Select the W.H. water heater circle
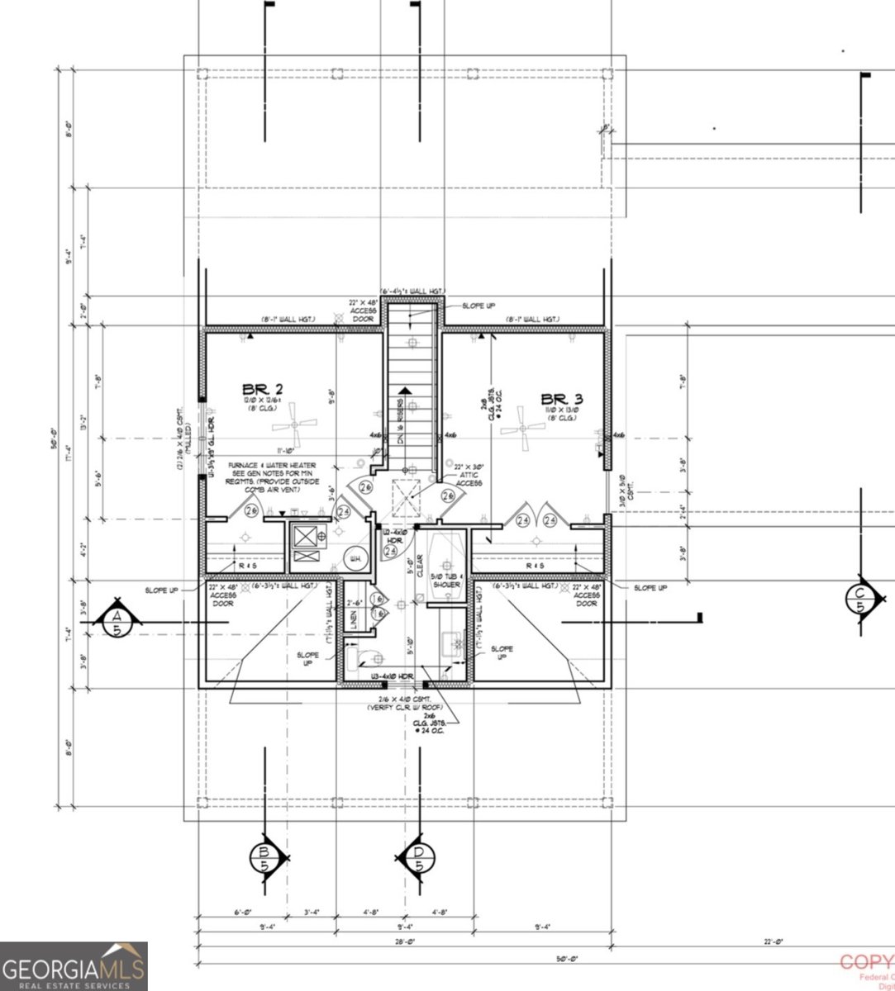click(x=356, y=559)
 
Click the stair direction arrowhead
click(x=405, y=391)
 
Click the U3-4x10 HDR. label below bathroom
click(x=392, y=676)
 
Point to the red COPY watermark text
click(x=866, y=963)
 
